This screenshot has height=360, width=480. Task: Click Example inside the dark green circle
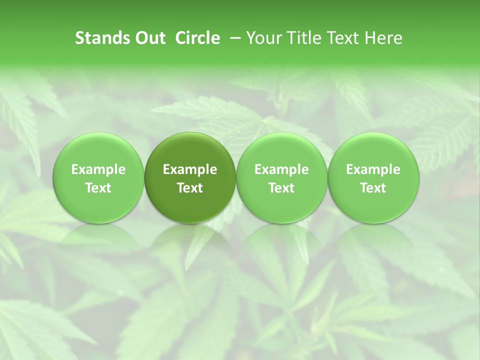click(190, 169)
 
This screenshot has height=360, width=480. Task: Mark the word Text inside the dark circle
click(190, 188)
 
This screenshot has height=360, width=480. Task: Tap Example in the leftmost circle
click(98, 169)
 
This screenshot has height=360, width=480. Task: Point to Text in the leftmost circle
click(98, 188)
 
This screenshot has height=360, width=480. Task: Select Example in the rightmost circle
click(373, 169)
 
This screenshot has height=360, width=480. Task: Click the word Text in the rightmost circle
click(373, 188)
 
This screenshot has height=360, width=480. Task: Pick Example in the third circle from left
click(281, 169)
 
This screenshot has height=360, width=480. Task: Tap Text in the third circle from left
click(281, 188)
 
